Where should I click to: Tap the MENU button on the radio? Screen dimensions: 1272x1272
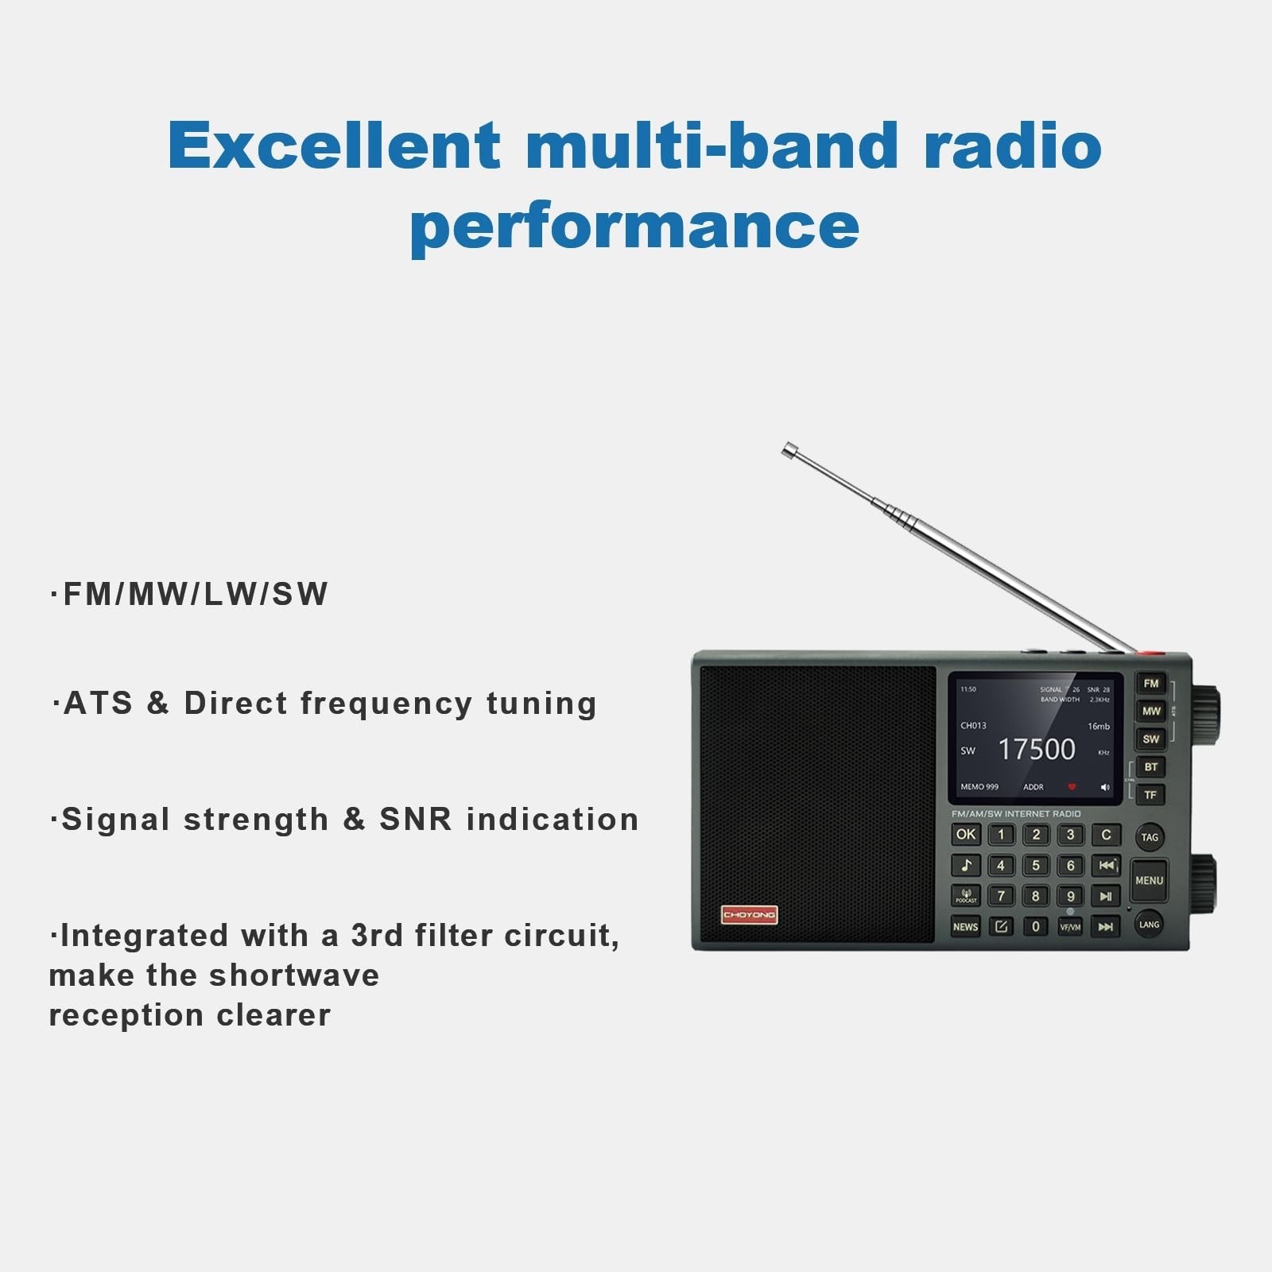[x=1149, y=880]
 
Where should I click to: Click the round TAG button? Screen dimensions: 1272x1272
[x=1150, y=837]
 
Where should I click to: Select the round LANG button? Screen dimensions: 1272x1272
[x=1149, y=925]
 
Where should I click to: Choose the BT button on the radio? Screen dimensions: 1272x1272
[x=1150, y=767]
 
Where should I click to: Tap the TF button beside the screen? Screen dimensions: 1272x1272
[x=1150, y=795]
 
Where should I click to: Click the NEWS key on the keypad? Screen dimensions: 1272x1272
[x=965, y=927]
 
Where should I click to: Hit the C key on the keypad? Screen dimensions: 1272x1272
[x=1106, y=835]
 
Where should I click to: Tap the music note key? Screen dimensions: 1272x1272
[x=966, y=865]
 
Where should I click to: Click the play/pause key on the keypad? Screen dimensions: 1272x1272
[x=1106, y=896]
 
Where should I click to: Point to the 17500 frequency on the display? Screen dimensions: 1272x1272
[x=1036, y=749]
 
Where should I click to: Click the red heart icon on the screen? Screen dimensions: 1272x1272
[x=1072, y=787]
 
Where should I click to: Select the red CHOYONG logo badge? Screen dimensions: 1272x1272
[x=749, y=915]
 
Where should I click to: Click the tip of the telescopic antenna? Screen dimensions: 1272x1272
[x=788, y=450]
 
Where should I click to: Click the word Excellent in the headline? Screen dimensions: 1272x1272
[x=334, y=145]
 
